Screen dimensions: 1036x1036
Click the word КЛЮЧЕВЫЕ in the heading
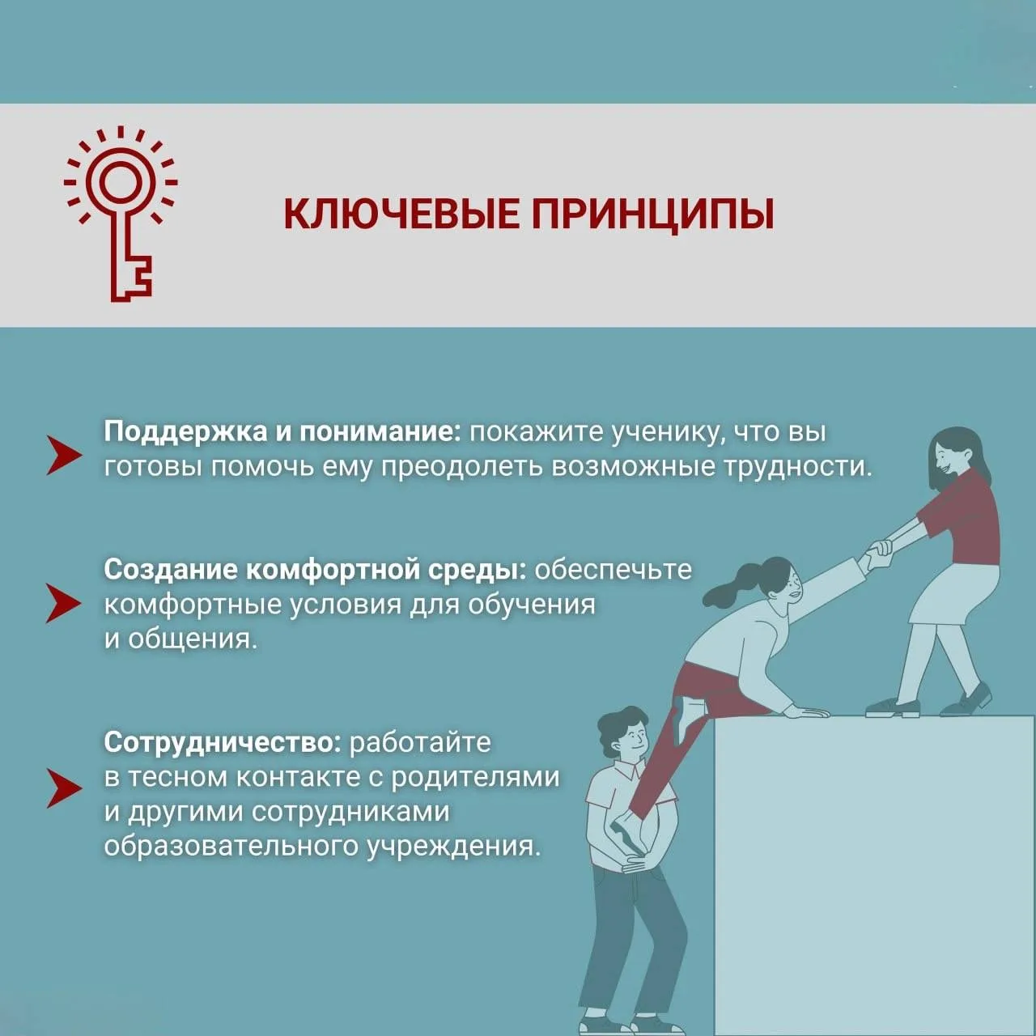401,214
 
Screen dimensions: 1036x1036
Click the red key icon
121,214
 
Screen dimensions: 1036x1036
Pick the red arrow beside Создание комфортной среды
64,603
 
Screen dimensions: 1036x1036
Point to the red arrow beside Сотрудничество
64,788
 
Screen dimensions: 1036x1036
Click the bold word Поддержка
185,433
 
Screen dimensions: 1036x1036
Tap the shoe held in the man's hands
628,831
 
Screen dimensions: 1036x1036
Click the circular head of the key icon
121,182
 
